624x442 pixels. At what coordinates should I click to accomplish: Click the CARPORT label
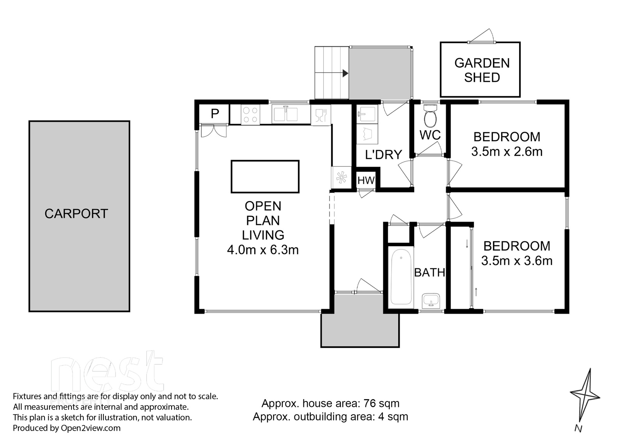coord(76,214)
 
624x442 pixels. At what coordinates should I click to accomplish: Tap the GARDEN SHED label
coord(482,70)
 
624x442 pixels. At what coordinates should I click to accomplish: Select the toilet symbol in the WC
coord(431,115)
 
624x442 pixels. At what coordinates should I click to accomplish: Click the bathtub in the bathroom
coord(401,277)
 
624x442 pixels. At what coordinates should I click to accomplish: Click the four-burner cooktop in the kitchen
coord(250,115)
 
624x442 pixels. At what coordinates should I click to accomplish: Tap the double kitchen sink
coord(285,114)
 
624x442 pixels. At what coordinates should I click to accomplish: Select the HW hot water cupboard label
coord(366,181)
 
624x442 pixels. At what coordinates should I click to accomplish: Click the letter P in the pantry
coord(214,114)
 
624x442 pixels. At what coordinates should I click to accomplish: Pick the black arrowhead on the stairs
coord(346,74)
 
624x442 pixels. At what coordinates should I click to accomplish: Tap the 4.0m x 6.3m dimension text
coord(263,250)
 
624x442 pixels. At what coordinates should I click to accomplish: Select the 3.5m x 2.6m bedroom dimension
coord(507,152)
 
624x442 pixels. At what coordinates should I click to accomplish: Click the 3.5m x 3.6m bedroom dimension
coord(517,261)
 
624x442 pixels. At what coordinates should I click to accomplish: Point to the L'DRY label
coord(383,154)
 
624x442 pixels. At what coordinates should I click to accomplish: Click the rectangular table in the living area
coord(265,177)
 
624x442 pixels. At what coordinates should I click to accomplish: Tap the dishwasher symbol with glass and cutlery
coord(321,115)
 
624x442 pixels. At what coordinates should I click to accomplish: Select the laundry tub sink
coord(367,114)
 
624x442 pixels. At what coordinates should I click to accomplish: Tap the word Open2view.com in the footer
coord(90,428)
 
